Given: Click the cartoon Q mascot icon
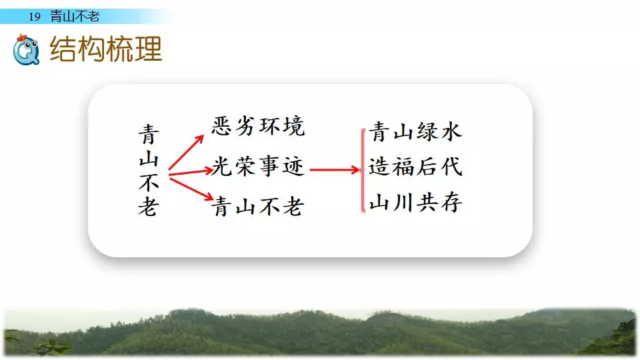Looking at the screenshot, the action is click(x=26, y=49).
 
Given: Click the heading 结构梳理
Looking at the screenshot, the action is click(x=106, y=49).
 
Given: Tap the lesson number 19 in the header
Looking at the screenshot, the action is click(x=35, y=17).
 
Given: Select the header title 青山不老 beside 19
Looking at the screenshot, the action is click(x=75, y=16).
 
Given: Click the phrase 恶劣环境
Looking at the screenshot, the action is click(x=258, y=126).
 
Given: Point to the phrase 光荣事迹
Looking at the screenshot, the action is click(x=258, y=166).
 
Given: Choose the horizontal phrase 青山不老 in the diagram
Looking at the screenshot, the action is click(x=258, y=206).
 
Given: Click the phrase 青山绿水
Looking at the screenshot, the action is click(x=415, y=131).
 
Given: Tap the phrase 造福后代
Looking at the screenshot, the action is click(x=415, y=167).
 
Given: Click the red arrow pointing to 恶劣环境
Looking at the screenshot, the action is click(x=186, y=152).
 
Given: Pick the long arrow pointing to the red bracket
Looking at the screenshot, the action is click(x=335, y=169).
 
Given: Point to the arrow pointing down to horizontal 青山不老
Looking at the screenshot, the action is click(x=191, y=189).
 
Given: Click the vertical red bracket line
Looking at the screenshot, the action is click(x=363, y=170).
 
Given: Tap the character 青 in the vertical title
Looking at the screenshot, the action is click(x=149, y=135).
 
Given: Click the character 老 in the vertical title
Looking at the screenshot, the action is click(x=149, y=206).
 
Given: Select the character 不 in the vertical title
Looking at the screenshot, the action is click(x=149, y=183).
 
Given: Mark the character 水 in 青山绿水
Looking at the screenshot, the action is click(x=451, y=131).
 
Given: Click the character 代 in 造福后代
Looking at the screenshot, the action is click(x=451, y=167).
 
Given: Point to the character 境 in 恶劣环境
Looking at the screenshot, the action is click(x=294, y=126).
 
